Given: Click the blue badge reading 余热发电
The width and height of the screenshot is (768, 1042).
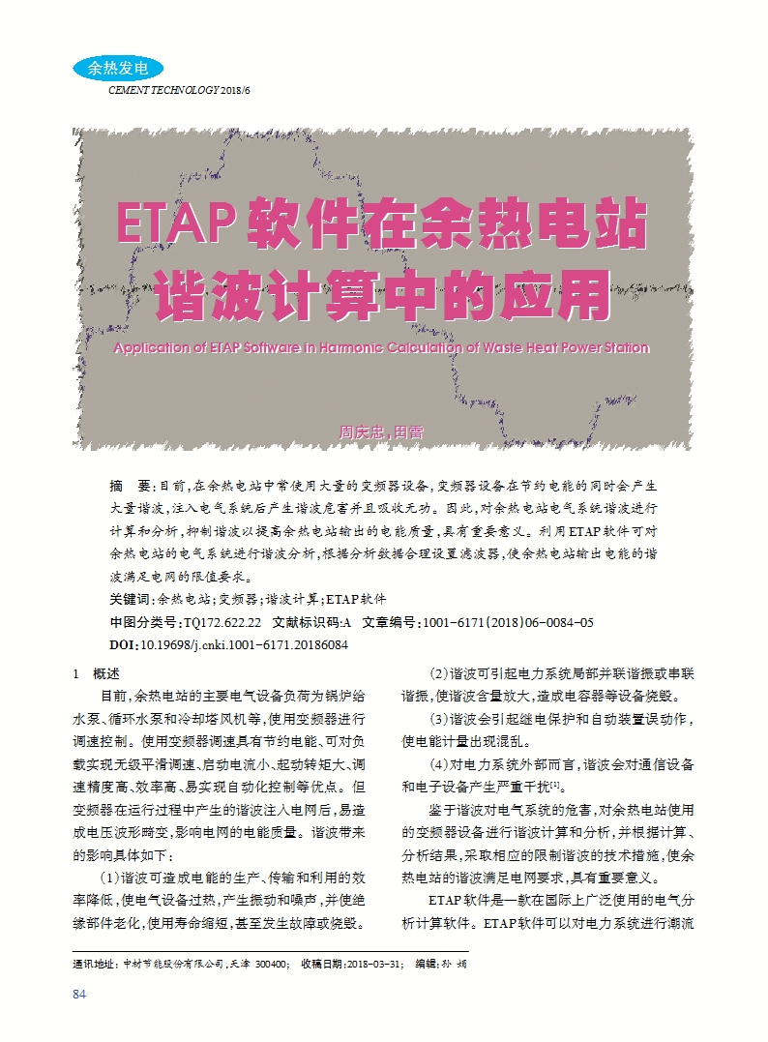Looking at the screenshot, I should point(117,69).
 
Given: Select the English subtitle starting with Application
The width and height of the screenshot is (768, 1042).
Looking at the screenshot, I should point(381,347).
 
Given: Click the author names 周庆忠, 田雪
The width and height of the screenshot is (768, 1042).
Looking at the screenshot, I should point(381,432).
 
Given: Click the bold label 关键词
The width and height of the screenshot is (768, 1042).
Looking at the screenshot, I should point(133,600).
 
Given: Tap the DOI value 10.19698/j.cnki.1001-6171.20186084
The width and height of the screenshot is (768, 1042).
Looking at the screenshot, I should point(245,643).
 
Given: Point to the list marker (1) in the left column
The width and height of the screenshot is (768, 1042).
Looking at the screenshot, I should point(109,878).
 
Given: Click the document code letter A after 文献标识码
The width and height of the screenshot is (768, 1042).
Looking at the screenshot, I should point(346,622).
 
